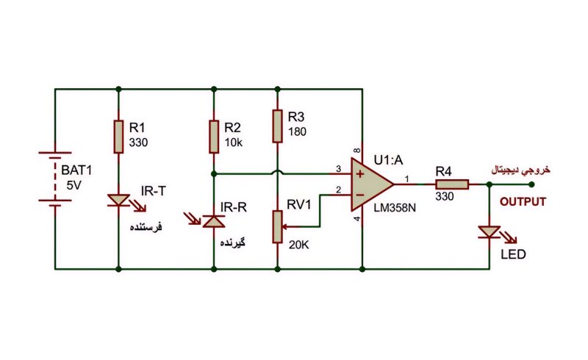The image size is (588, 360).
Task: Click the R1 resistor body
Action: click(x=118, y=137)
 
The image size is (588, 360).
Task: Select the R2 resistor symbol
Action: click(x=214, y=137)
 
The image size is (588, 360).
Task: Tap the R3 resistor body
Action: click(x=278, y=126)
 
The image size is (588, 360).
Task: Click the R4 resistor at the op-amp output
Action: click(x=452, y=184)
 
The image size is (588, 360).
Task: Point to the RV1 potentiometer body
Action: click(x=278, y=226)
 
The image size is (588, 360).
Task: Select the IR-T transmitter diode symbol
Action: click(x=119, y=201)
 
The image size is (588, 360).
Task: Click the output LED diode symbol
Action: click(x=490, y=232)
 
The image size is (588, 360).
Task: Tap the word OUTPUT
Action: click(x=523, y=202)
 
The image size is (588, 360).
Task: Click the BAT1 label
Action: click(x=76, y=170)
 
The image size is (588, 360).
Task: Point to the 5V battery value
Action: click(x=74, y=185)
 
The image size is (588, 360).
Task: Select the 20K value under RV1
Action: click(x=299, y=245)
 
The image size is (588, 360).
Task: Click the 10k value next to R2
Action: click(x=234, y=143)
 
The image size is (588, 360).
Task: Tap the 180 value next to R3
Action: click(x=298, y=132)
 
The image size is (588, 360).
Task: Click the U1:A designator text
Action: click(x=389, y=160)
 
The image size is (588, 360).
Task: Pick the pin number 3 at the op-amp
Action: click(x=338, y=169)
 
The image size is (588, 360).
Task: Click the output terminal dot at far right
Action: click(x=531, y=184)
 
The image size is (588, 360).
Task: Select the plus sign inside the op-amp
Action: click(x=360, y=174)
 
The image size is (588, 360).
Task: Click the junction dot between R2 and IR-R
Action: click(x=214, y=174)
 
